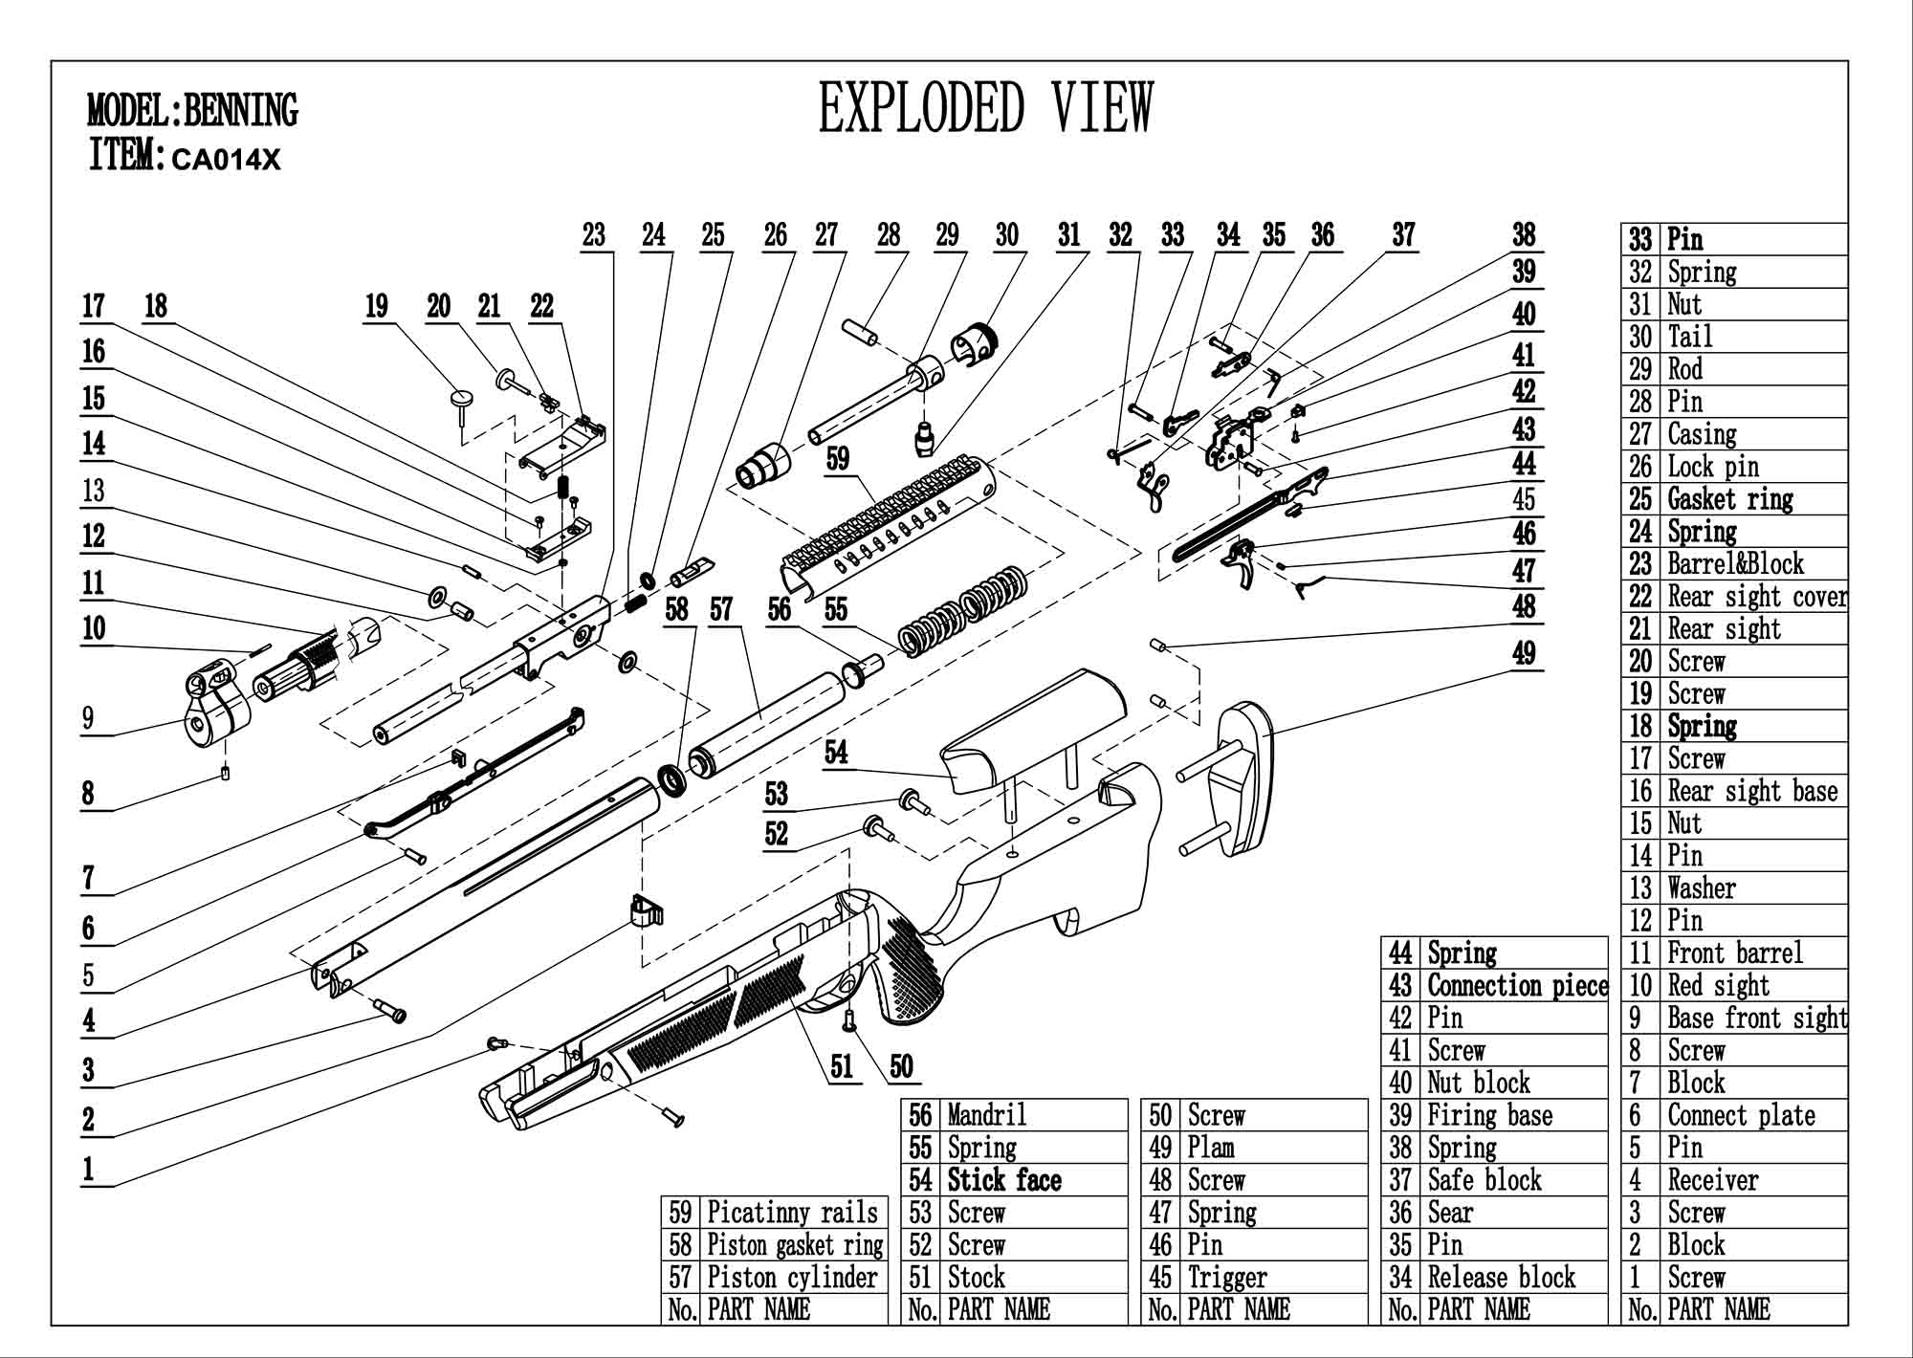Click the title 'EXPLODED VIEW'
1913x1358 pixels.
coord(986,107)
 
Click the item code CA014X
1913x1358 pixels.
coord(226,160)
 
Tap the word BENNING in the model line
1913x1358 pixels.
coord(240,111)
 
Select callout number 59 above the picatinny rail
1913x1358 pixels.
coord(838,459)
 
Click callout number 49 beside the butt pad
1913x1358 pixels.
coord(1524,653)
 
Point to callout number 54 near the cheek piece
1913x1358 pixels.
coord(836,753)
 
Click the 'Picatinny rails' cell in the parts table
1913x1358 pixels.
coord(792,1213)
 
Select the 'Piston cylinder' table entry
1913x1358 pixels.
coord(792,1278)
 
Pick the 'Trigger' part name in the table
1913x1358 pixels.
coord(1227,1278)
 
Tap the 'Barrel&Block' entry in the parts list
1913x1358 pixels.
coord(1735,563)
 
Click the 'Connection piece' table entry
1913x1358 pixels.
coord(1517,985)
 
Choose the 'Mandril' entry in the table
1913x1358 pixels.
coord(987,1115)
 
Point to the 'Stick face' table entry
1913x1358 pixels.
coord(1004,1180)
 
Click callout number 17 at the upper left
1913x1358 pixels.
coord(93,306)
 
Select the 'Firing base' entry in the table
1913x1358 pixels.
coord(1489,1115)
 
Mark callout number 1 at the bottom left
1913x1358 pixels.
coord(88,1169)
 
